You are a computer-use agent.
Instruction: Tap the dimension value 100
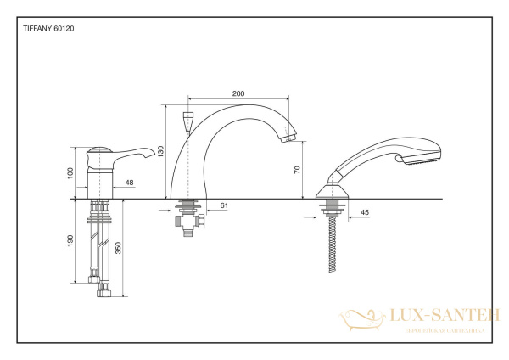tap(72, 172)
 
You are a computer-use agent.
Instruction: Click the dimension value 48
tap(128, 181)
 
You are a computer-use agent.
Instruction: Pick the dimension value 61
tap(224, 205)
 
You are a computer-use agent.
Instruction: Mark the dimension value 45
tap(364, 211)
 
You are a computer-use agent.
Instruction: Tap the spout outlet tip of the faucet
tap(290, 137)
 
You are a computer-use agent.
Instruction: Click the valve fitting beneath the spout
tap(188, 222)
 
